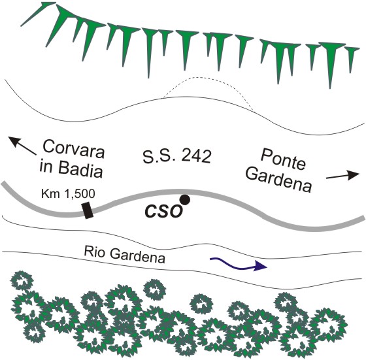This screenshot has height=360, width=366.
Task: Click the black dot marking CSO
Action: (x=184, y=200)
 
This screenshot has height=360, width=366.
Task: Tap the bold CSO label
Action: (x=163, y=212)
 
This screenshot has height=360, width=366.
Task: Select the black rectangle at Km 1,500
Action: (x=88, y=210)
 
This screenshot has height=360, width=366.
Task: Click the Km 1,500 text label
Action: (x=68, y=193)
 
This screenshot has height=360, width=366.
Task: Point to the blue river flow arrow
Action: (x=239, y=264)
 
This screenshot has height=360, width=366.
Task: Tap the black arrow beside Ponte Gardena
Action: (x=342, y=176)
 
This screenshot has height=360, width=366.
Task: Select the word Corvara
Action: (x=73, y=150)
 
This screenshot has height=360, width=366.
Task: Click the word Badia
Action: (x=80, y=168)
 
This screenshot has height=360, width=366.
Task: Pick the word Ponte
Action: (x=283, y=159)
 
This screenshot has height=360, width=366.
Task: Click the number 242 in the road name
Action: (x=196, y=156)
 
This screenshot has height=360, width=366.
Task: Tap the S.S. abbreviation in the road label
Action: (x=159, y=156)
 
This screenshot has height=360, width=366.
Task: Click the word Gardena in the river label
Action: (x=137, y=255)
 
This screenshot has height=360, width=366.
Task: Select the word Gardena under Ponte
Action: (x=279, y=180)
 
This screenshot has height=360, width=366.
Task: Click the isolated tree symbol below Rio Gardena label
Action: (x=154, y=291)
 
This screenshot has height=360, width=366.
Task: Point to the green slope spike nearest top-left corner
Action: (x=39, y=14)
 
